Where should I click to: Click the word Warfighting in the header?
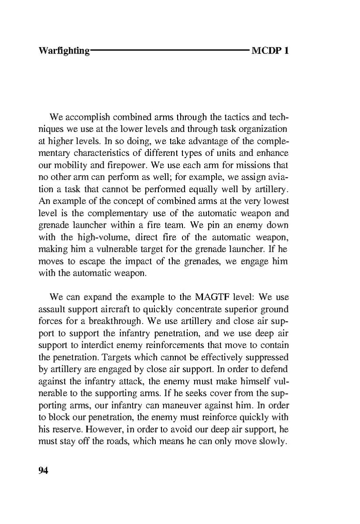point(64,51)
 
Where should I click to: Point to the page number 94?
point(43,471)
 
